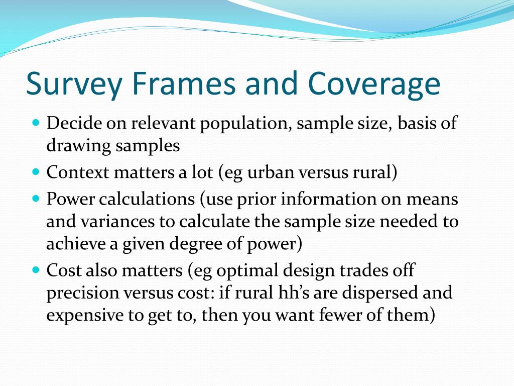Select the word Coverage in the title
point(374,84)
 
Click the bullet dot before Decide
point(36,122)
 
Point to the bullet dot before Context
point(36,171)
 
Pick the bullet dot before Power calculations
point(36,198)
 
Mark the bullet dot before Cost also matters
point(36,270)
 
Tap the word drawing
point(78,146)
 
